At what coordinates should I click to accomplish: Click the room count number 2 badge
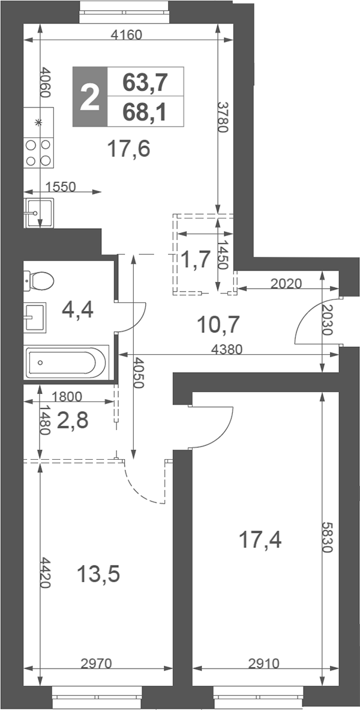click(x=90, y=97)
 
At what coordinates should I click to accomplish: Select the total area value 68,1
click(x=145, y=112)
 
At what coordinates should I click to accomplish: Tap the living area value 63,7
click(x=145, y=82)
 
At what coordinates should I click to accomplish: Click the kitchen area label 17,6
click(x=128, y=148)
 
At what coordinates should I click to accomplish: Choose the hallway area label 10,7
click(x=218, y=324)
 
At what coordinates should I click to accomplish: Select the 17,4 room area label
click(x=260, y=540)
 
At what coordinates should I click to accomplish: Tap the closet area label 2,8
click(x=73, y=421)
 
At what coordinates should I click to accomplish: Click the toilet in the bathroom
click(x=39, y=281)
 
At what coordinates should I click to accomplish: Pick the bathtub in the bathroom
click(x=67, y=362)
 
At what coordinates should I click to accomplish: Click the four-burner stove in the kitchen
click(x=38, y=152)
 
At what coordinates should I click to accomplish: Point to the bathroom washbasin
click(x=35, y=317)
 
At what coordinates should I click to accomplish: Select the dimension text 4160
click(x=127, y=34)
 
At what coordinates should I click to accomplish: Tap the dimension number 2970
click(x=96, y=664)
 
